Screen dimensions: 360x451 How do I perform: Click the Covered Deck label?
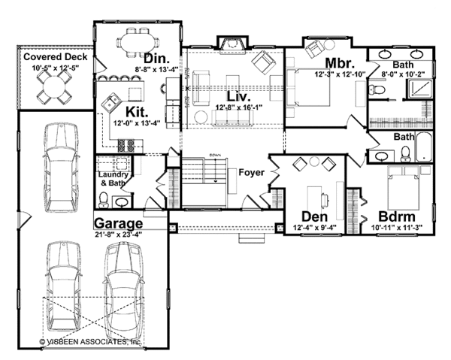pyautogui.click(x=55, y=57)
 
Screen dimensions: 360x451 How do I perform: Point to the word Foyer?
pyautogui.click(x=251, y=172)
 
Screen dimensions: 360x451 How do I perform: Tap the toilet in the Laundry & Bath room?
pyautogui.click(x=104, y=200)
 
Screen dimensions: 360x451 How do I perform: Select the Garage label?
pyautogui.click(x=119, y=223)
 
